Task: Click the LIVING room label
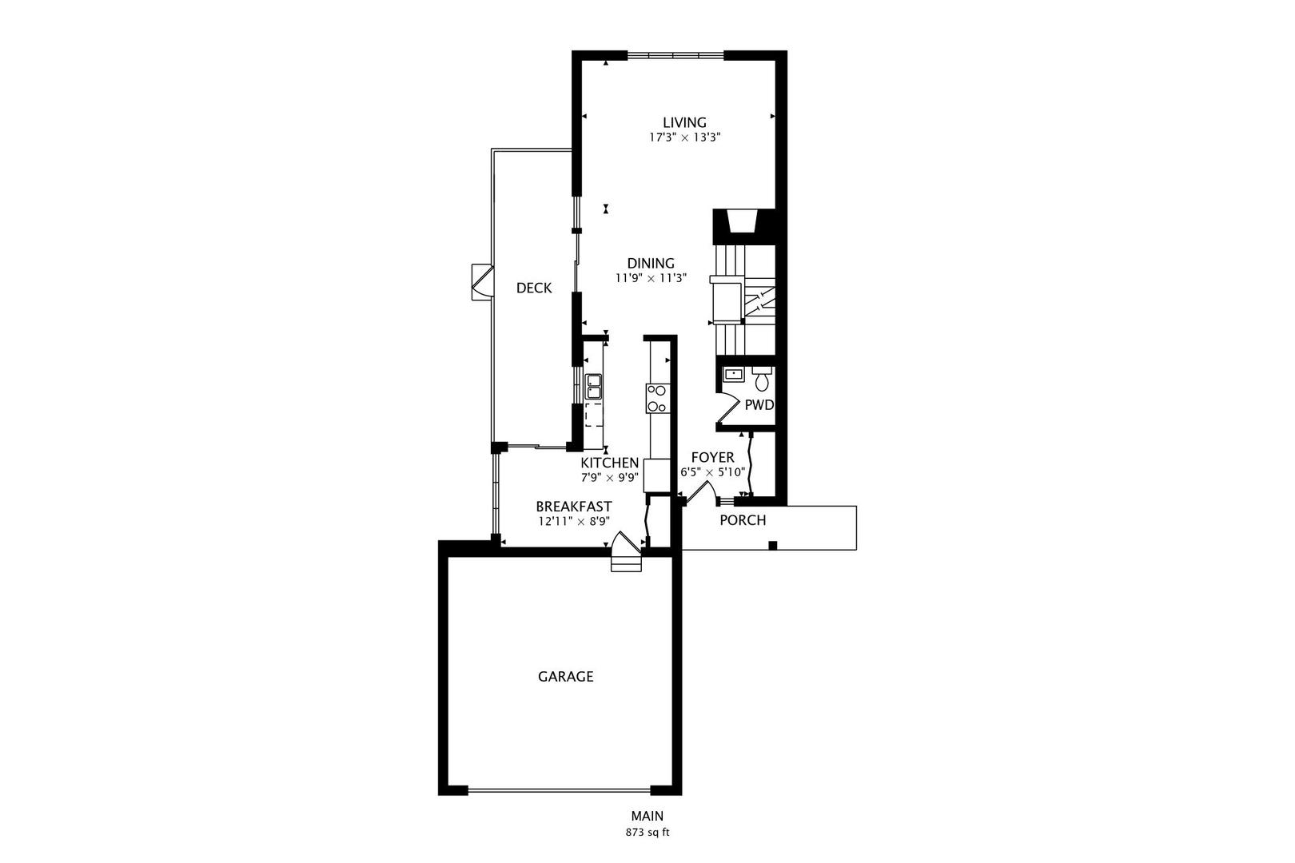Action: coord(684,122)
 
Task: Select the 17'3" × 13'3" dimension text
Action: coord(684,137)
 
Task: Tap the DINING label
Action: coord(650,263)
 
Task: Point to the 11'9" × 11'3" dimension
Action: coord(650,278)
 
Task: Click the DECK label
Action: coord(533,288)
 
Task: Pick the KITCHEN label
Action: coord(609,463)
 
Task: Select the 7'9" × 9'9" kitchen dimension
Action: coord(609,478)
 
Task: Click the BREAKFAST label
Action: coord(573,507)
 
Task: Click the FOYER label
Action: coord(712,457)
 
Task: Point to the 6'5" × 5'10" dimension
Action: coord(712,472)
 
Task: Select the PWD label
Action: coord(759,405)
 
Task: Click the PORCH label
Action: coord(743,521)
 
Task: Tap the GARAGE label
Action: coord(565,677)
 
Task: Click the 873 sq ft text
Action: coord(647,832)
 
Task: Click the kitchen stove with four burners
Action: coord(657,398)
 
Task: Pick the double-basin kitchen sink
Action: coord(593,387)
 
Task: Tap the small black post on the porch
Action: coord(772,546)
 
